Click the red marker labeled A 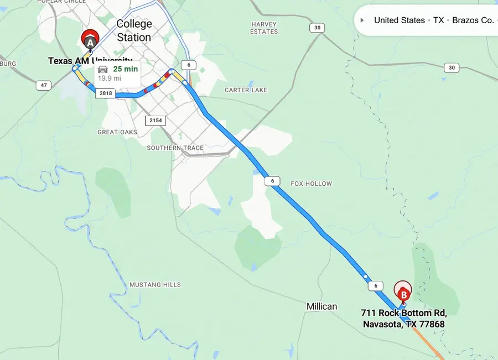tap(90, 40)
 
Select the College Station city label tap(134, 31)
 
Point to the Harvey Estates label tap(264, 28)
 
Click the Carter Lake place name tap(246, 90)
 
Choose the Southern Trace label tap(175, 148)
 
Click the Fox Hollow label tap(312, 184)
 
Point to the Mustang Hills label tap(155, 285)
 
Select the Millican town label tap(321, 306)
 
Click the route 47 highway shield tap(43, 85)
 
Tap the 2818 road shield tap(105, 93)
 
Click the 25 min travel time tap(125, 69)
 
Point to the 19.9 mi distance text tap(110, 79)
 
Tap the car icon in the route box tap(103, 69)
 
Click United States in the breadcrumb tap(400, 20)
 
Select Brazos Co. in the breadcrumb tap(473, 20)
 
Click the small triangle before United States tap(362, 20)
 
